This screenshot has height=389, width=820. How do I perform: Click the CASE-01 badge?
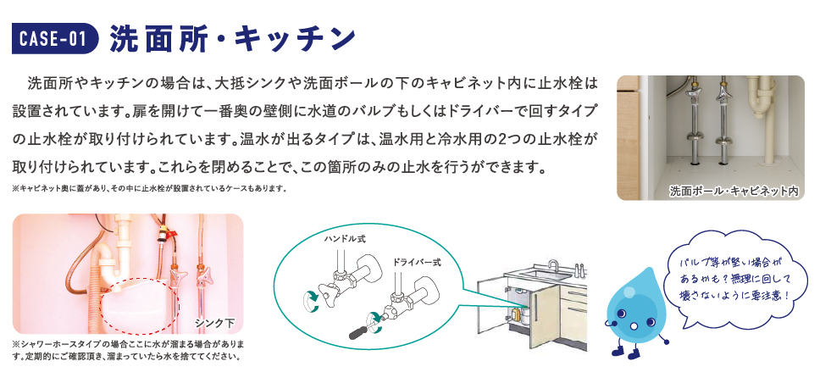pos(55,39)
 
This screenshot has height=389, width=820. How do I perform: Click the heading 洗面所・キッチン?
pos(233,39)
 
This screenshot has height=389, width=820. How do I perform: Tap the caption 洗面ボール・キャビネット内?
pos(734,192)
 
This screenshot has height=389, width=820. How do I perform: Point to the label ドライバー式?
pos(417,262)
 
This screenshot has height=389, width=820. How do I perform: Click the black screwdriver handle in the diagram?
pos(359,332)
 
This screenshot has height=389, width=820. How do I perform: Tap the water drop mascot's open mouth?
pos(633,325)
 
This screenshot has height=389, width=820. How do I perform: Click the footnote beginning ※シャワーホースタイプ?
pos(128,351)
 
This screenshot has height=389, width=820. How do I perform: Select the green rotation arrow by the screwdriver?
pos(375,319)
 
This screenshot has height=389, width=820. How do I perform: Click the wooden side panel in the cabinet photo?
pos(628,138)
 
